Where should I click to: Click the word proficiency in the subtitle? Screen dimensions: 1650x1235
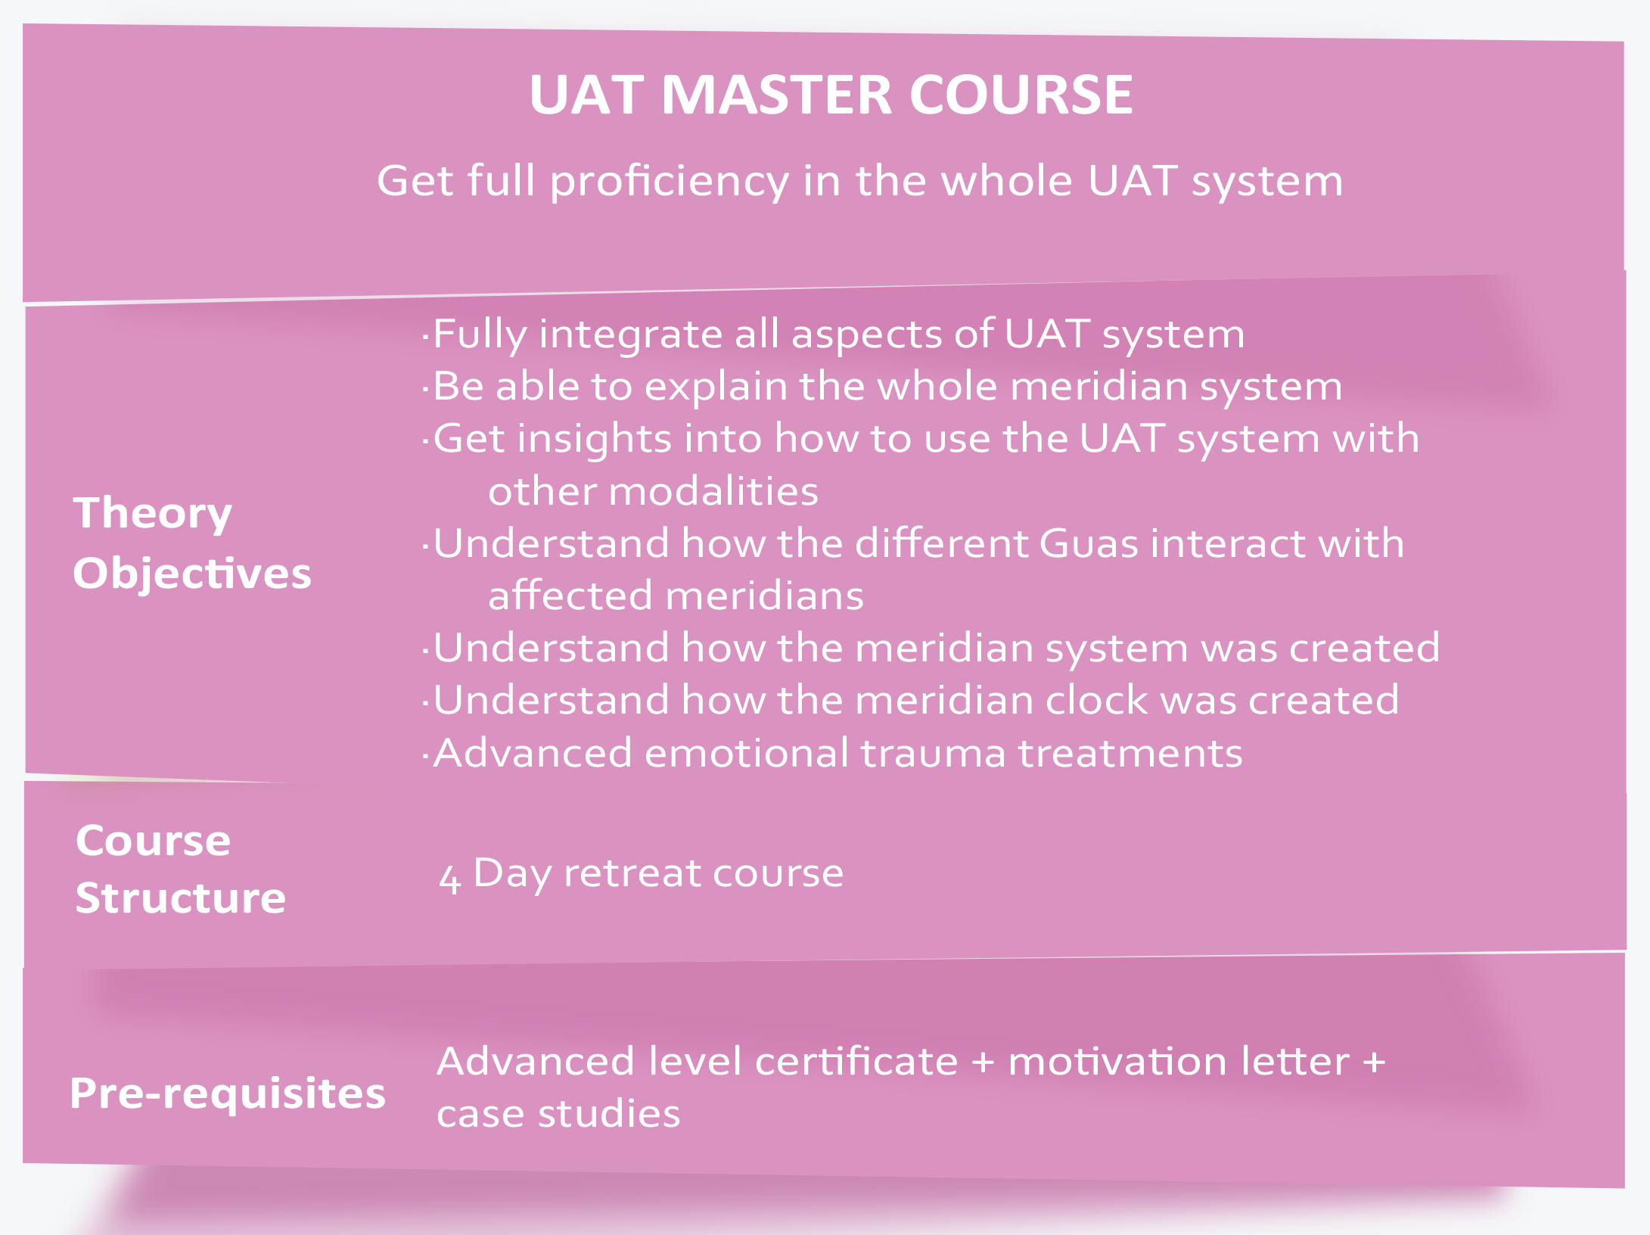click(669, 182)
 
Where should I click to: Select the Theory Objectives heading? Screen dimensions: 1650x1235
click(192, 543)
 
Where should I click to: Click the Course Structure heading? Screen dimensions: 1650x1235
click(181, 869)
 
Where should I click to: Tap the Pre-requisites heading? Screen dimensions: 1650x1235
click(228, 1093)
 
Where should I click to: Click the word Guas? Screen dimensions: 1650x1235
click(1089, 543)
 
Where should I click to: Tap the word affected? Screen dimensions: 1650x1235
click(570, 596)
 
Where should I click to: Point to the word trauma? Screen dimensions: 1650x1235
click(933, 754)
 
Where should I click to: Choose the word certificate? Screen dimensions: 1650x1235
click(856, 1061)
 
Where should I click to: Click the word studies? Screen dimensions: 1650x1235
click(609, 1113)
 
